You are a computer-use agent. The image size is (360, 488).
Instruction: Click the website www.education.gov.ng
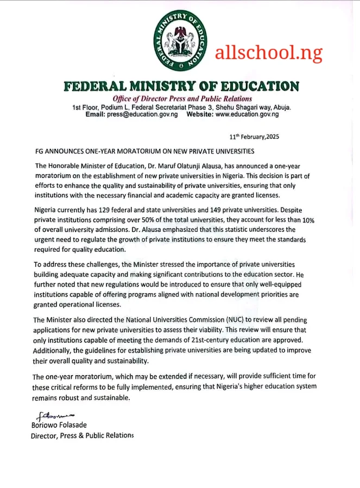pyautogui.click(x=247, y=115)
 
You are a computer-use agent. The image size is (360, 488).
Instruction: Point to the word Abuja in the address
pyautogui.click(x=280, y=107)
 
